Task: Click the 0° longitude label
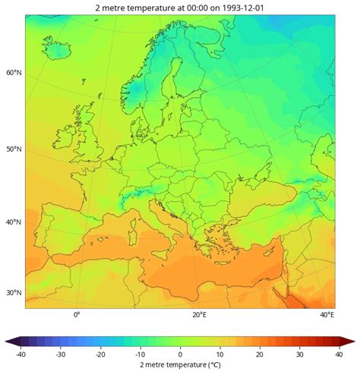76,314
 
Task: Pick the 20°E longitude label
199,314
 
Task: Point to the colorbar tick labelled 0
180,354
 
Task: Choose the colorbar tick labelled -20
100,354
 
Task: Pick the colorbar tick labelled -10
140,354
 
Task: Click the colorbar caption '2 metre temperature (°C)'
180,364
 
